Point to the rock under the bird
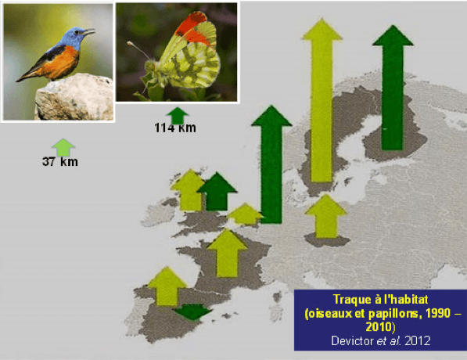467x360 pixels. point(74,97)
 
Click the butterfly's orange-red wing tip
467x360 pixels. point(193,28)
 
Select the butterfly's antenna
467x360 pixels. point(138,50)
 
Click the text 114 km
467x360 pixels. point(175,128)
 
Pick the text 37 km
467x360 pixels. point(60,162)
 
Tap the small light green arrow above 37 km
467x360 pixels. point(63,147)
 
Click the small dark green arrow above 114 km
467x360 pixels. point(178,116)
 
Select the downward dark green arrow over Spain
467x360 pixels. point(192,311)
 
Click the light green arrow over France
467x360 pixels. point(228,254)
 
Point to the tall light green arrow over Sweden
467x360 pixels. point(322,100)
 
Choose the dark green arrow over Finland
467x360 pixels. point(393,88)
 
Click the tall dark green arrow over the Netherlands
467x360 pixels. point(271,164)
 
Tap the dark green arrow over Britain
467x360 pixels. point(217,191)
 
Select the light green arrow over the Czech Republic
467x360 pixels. point(326,216)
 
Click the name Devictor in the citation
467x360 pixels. point(353,340)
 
